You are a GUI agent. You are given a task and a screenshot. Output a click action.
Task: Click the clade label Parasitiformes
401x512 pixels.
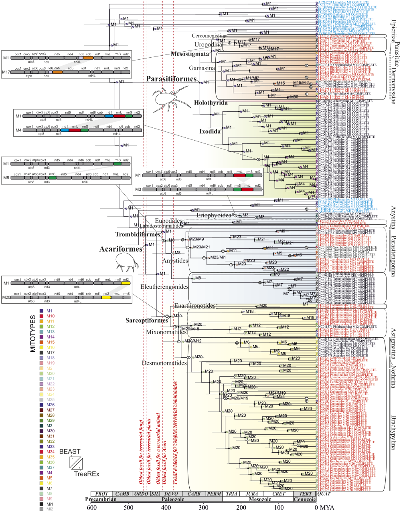tap(171, 79)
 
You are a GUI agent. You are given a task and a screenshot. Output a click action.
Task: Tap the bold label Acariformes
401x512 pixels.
tap(121, 249)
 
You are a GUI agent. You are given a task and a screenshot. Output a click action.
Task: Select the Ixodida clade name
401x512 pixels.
tap(210, 131)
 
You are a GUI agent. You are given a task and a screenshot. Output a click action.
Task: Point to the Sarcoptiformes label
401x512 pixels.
tap(146, 321)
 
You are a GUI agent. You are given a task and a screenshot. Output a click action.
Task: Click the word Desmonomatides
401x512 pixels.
tap(164, 363)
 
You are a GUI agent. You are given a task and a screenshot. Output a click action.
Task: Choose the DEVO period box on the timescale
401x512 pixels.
tap(172, 494)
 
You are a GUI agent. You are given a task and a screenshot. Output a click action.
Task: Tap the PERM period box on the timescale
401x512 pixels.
tap(214, 494)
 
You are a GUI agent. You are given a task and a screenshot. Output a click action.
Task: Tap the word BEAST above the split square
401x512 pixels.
tap(70, 452)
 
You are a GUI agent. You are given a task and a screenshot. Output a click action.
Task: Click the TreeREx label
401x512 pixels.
tap(87, 474)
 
